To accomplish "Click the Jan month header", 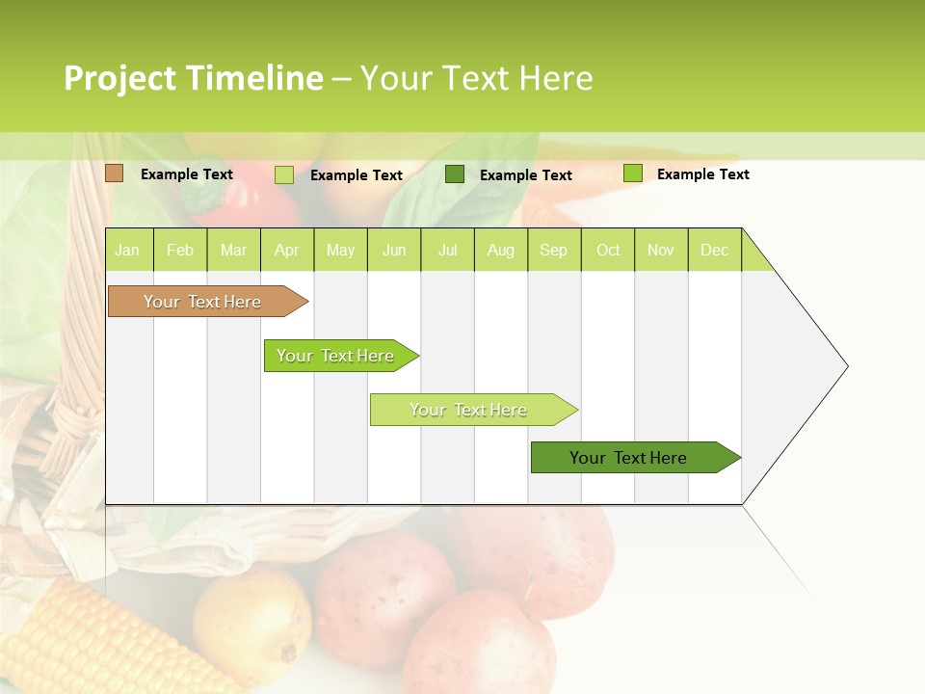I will [127, 250].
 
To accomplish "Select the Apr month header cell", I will [286, 250].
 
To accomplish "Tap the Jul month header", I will [447, 250].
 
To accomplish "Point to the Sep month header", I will [553, 250].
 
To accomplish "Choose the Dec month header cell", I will [714, 250].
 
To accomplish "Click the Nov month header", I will [660, 250].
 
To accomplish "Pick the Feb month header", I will [180, 250].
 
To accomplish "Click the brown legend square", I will [115, 173].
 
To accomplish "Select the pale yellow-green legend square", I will [284, 174].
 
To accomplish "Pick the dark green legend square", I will [455, 173].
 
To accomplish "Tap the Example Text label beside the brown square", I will [187, 174].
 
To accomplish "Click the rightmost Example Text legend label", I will [702, 174].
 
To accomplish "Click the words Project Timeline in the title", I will [193, 78].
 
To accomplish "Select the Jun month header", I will [394, 250].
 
